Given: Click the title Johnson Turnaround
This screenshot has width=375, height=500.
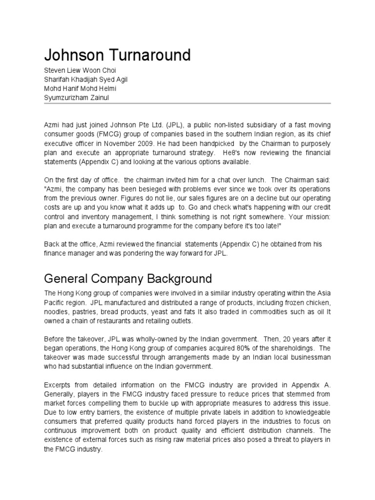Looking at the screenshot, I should coord(117,56).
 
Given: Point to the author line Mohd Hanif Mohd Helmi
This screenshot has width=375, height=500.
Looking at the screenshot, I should coord(80,88).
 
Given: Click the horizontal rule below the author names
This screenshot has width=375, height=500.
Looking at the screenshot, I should coord(187,104).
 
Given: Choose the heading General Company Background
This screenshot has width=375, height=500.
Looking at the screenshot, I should coord(128,279).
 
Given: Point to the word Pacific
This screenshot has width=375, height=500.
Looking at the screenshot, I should coord(54,303).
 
